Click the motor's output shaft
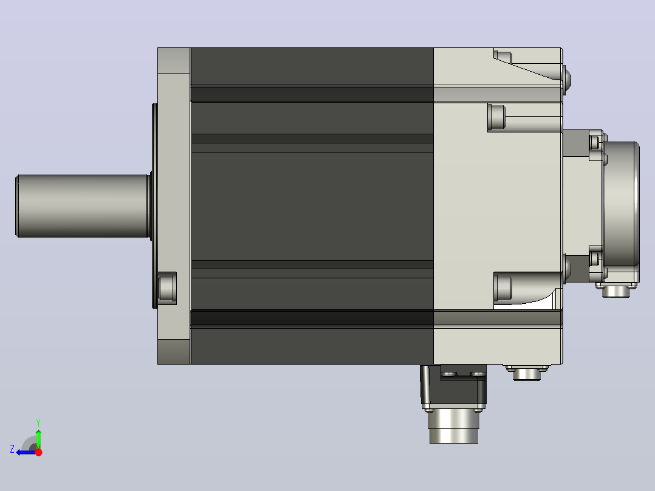point(83,206)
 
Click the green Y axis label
point(38,422)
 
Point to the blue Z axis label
point(12,449)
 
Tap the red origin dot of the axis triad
point(38,452)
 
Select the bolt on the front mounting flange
point(167,288)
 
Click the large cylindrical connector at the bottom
point(454,426)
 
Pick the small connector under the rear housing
point(527,373)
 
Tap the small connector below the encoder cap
point(616,290)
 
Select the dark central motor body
point(312,206)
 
